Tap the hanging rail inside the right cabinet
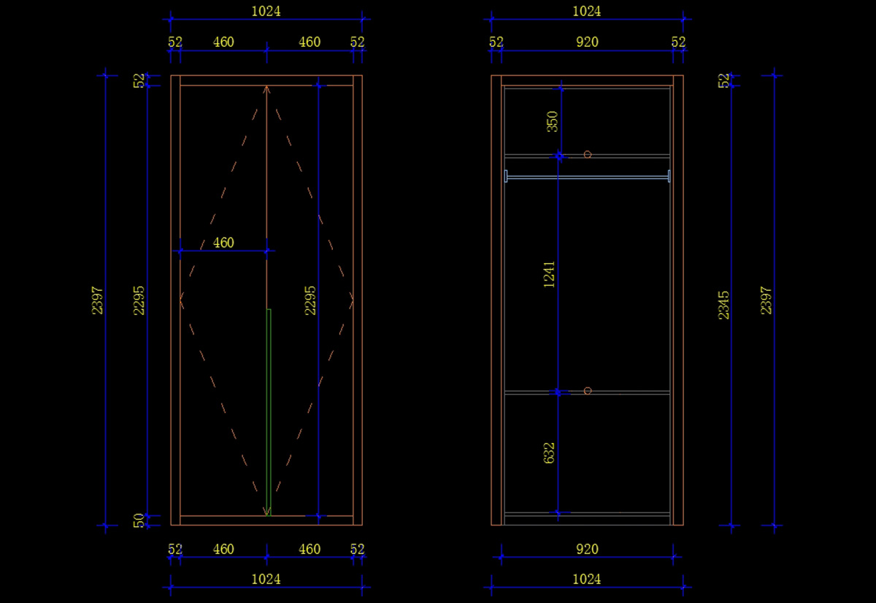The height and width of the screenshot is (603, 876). [587, 177]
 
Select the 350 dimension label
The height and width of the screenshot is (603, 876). [553, 121]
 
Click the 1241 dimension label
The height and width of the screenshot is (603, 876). [550, 274]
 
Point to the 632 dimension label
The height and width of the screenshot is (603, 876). [550, 452]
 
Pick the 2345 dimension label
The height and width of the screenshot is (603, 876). [723, 305]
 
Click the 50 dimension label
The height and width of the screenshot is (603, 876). [139, 520]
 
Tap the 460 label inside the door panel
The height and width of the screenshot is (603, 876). [223, 243]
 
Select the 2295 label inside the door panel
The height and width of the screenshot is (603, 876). [310, 300]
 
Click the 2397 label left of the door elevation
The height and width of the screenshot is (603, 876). [97, 300]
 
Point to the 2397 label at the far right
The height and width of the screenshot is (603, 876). [766, 300]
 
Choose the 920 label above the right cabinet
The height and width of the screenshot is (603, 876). [587, 42]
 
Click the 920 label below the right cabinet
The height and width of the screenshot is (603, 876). [587, 549]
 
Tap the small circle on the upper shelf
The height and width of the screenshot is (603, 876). [587, 155]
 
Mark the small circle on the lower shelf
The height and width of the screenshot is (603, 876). [587, 391]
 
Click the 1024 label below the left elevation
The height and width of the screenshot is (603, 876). [266, 579]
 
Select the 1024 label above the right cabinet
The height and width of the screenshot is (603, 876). [587, 12]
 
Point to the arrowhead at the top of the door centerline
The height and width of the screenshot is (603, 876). [266, 90]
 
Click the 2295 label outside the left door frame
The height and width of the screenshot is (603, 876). [139, 300]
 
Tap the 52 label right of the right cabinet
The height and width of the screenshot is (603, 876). [723, 80]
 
